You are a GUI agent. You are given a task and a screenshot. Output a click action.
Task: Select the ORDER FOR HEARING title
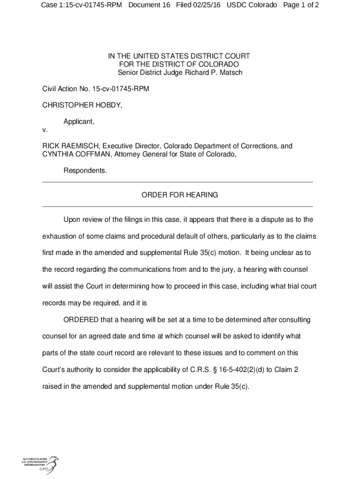tap(180, 195)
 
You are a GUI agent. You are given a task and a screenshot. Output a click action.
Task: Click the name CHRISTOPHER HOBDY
tap(82, 105)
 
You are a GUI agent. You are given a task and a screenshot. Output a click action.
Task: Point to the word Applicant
tap(79, 122)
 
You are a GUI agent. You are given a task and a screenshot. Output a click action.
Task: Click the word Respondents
tap(85, 171)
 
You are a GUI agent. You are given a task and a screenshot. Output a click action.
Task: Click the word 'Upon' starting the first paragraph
tap(72, 219)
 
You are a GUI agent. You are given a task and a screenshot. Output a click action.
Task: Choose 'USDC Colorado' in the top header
tap(252, 5)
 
